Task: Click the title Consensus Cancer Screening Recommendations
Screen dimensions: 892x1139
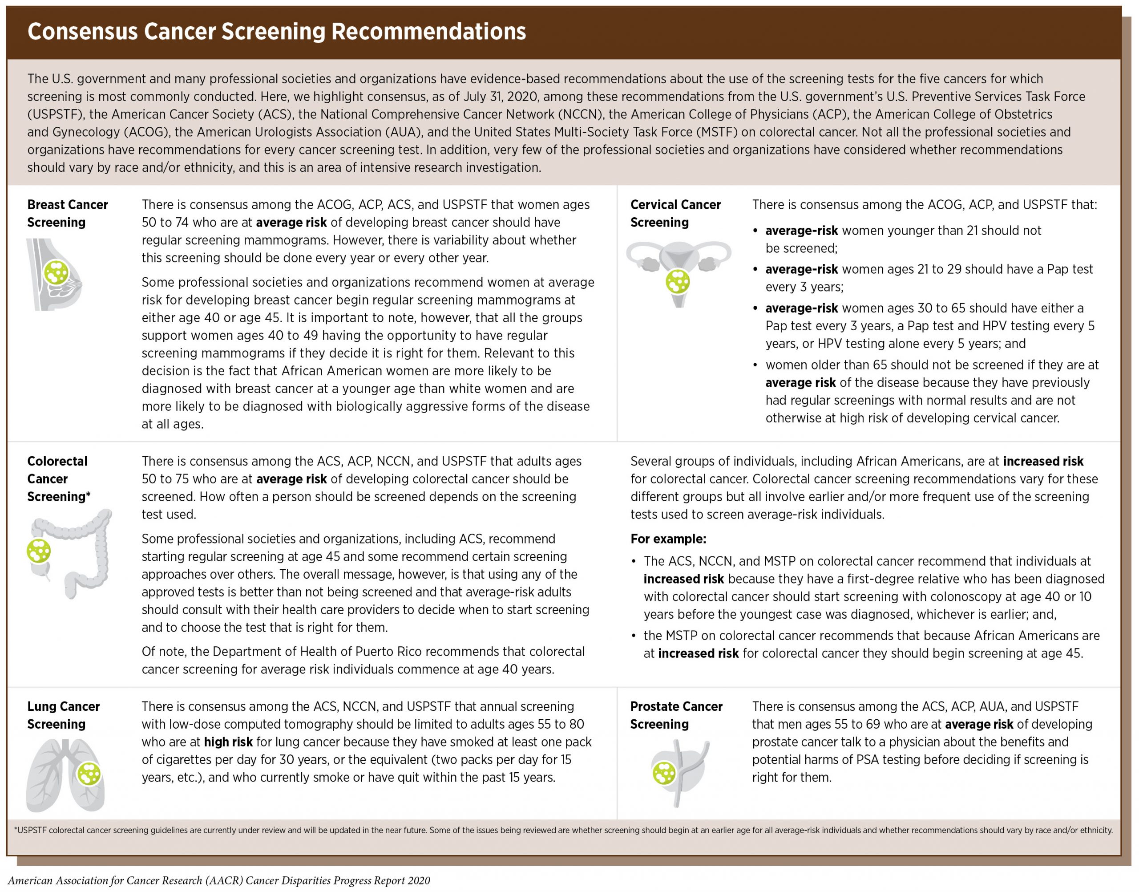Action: [277, 31]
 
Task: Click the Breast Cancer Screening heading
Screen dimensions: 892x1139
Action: [67, 213]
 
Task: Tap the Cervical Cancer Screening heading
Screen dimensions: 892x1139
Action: [675, 213]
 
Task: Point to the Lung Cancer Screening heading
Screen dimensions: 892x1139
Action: [63, 715]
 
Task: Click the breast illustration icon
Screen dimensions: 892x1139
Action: [55, 274]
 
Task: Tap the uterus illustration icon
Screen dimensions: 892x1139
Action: [678, 272]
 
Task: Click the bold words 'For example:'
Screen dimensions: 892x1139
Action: [668, 539]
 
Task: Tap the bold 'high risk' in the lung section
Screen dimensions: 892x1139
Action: [228, 742]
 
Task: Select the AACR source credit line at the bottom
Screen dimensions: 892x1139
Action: [219, 880]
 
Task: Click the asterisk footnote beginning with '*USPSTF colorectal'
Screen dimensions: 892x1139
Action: [563, 830]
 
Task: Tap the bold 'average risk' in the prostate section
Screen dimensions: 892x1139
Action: [979, 724]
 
